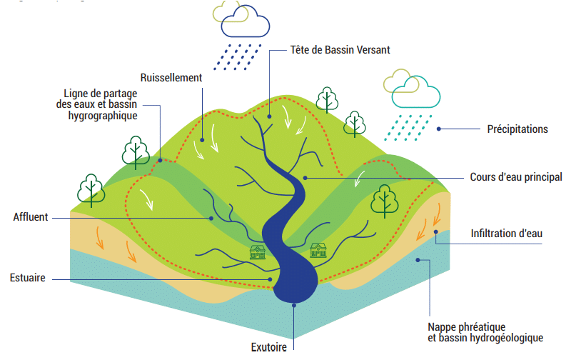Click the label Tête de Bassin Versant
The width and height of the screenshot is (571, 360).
pyautogui.click(x=340, y=50)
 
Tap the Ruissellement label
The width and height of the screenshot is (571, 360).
pyautogui.click(x=171, y=77)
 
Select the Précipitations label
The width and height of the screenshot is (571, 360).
pyautogui.click(x=517, y=129)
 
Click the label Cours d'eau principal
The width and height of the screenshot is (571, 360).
pyautogui.click(x=516, y=176)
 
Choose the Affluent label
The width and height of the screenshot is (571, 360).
pyautogui.click(x=30, y=216)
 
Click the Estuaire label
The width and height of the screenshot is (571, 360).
pyautogui.click(x=28, y=278)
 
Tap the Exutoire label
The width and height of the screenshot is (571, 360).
pyautogui.click(x=269, y=347)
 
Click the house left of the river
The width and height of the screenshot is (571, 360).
pyautogui.click(x=257, y=252)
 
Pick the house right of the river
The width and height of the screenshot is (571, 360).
pyautogui.click(x=318, y=250)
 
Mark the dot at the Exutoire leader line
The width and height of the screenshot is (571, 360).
pyautogui.click(x=294, y=306)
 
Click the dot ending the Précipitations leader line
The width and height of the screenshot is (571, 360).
pyautogui.click(x=439, y=129)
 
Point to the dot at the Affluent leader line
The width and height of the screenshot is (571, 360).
pyautogui.click(x=211, y=217)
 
